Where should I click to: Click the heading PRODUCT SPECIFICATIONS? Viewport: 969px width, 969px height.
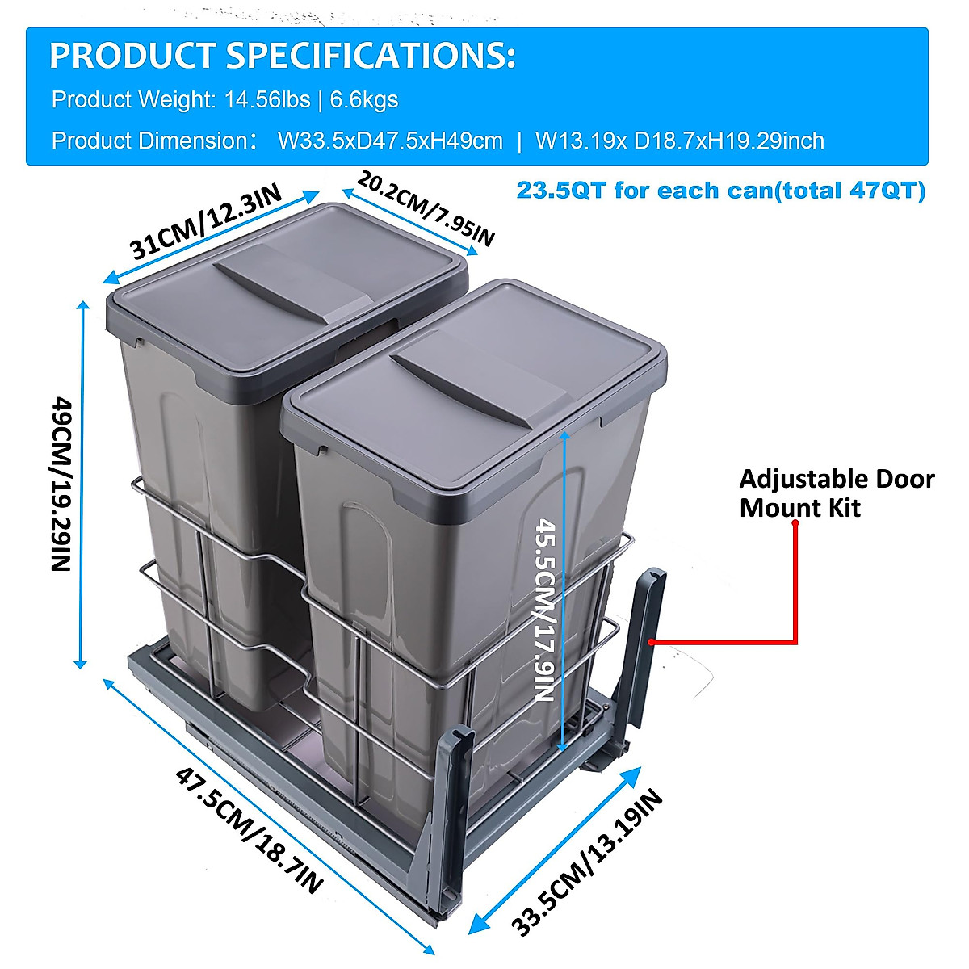282,57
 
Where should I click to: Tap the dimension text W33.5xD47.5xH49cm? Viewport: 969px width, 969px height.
390,141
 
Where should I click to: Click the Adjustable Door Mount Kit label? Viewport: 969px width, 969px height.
837,493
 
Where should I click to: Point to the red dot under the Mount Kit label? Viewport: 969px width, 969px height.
795,523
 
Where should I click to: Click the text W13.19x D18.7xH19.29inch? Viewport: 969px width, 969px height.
680,141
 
